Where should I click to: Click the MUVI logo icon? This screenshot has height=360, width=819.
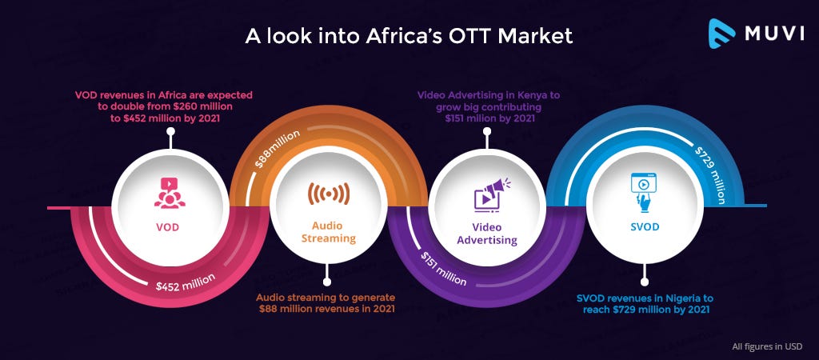[x=721, y=34]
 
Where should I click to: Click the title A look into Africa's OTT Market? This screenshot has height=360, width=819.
[x=409, y=35]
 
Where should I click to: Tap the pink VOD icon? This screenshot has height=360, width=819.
[x=170, y=193]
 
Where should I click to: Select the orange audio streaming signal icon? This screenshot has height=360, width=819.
[x=329, y=194]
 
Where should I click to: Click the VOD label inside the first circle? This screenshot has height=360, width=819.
[x=170, y=227]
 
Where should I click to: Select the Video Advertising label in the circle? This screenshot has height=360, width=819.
[x=487, y=234]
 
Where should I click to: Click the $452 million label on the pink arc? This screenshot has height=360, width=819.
[x=186, y=282]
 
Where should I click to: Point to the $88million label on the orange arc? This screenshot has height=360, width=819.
[x=277, y=149]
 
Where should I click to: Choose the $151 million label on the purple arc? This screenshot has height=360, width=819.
[x=443, y=269]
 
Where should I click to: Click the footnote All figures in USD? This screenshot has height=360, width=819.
[x=767, y=346]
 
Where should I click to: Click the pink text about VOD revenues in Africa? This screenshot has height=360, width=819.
[x=163, y=106]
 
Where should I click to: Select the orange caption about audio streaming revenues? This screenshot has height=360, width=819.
[x=326, y=303]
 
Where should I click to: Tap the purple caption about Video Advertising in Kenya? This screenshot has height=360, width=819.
[x=488, y=106]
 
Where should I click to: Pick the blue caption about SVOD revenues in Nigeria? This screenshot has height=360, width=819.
[x=645, y=304]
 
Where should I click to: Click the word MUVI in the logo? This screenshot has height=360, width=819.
[x=774, y=34]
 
